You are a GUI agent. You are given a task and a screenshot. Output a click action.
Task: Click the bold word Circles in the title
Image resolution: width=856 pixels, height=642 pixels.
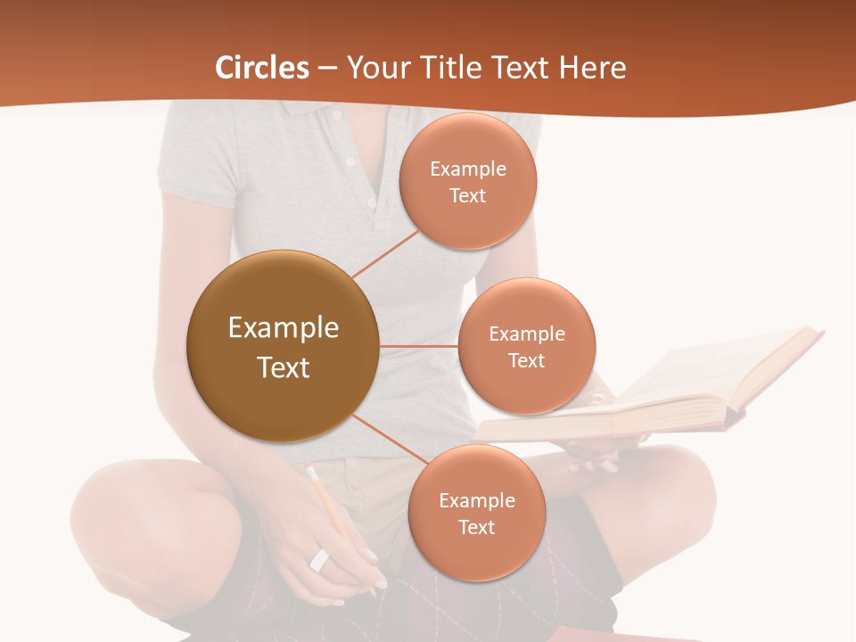(x=262, y=68)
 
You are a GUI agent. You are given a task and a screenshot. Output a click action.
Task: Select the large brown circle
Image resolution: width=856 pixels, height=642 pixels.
(x=283, y=346)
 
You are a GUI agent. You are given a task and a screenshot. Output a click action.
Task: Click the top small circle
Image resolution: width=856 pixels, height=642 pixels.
(x=468, y=181)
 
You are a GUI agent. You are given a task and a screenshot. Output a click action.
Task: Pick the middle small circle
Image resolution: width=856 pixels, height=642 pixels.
(x=526, y=346)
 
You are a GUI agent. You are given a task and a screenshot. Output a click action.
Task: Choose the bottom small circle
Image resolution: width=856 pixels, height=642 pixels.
(x=476, y=513)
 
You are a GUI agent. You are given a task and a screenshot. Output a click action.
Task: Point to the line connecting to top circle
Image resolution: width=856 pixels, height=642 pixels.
(x=385, y=253)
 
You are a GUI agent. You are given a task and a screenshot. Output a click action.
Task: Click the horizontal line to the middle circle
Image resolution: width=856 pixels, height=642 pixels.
(x=418, y=345)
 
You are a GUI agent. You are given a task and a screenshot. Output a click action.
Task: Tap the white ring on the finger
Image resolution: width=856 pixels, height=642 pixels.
(x=319, y=561)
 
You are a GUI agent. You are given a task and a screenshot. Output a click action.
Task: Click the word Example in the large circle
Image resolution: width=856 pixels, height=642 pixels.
(x=283, y=328)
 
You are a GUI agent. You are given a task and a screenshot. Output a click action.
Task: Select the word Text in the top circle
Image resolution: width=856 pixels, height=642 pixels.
(x=468, y=195)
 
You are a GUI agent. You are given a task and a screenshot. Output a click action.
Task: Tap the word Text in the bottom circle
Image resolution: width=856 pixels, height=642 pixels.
(x=476, y=527)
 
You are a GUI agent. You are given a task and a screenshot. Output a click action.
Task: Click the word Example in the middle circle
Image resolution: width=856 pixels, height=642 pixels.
(x=526, y=333)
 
